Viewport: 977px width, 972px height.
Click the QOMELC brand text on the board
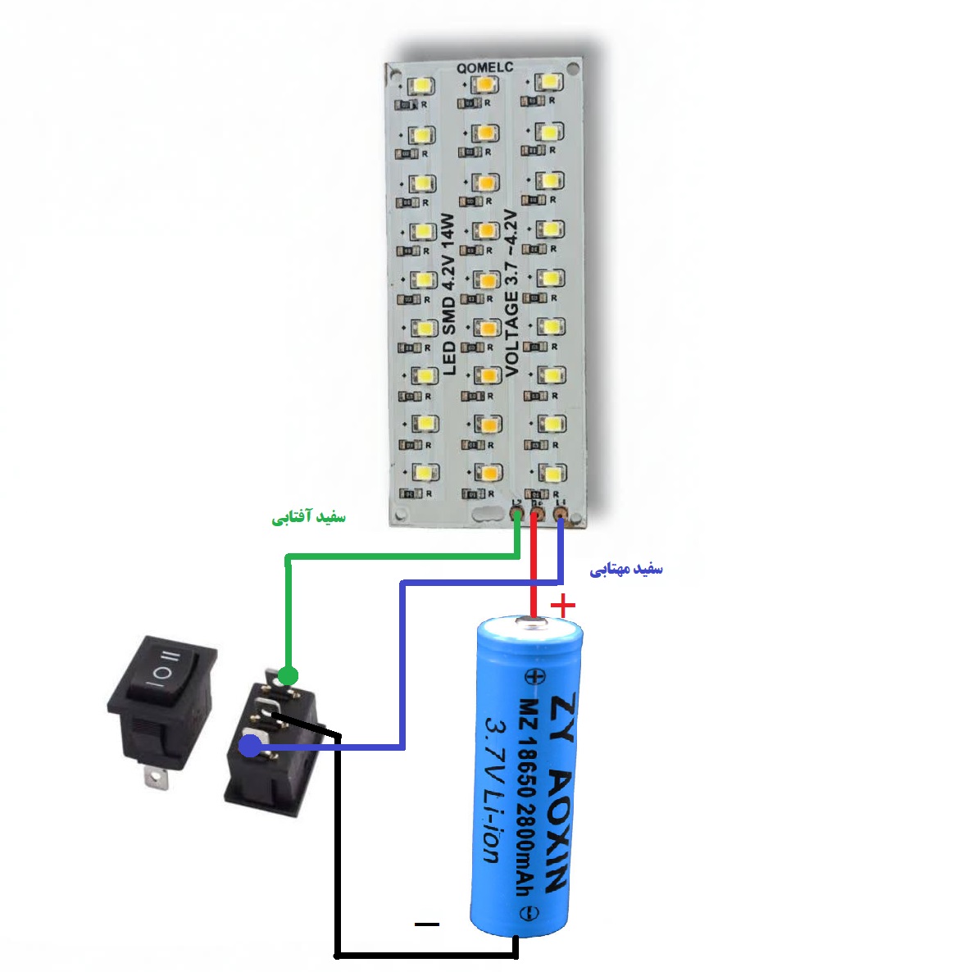click(486, 68)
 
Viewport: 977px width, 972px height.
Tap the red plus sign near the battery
click(563, 606)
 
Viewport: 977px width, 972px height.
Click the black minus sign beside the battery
click(427, 924)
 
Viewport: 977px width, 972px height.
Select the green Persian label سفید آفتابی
click(309, 518)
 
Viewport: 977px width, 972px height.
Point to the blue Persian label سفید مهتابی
click(626, 570)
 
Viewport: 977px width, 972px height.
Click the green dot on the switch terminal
click(287, 675)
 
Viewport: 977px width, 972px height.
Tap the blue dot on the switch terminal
click(250, 746)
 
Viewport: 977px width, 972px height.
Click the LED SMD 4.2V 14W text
click(448, 294)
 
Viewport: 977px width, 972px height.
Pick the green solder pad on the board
click(516, 515)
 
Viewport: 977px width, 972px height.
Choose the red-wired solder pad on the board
click(537, 515)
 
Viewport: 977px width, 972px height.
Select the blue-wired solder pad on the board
click(561, 515)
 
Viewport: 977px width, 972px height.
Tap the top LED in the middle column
click(485, 84)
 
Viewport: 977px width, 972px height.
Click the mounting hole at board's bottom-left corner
click(400, 516)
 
